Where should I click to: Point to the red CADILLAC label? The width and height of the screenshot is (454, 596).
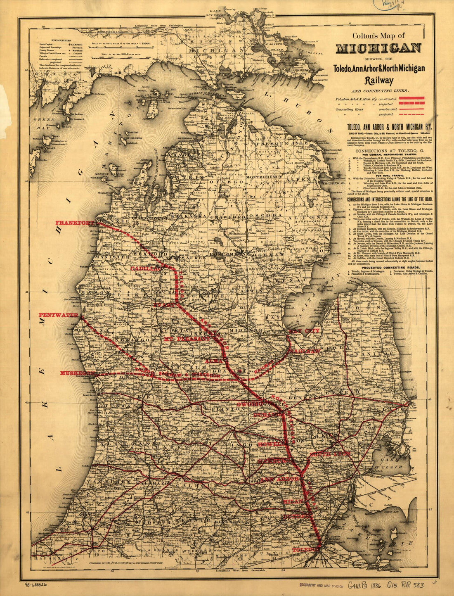[x=144, y=268]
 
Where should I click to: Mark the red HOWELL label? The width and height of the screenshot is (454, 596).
[x=269, y=444]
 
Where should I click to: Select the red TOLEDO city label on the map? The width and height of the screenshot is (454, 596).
[x=305, y=550]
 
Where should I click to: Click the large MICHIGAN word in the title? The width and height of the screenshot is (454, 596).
[x=378, y=48]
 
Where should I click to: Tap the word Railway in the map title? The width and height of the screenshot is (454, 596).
[x=378, y=80]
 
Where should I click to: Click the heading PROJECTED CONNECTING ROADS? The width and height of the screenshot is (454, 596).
[x=390, y=267]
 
